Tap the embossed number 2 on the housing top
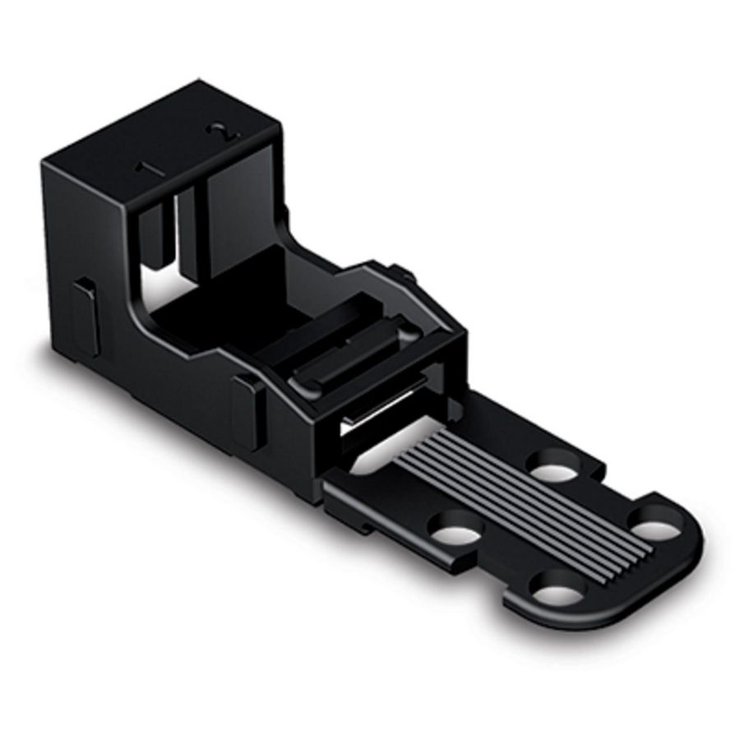(x=221, y=132)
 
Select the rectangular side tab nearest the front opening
(x=247, y=409)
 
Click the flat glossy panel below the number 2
(x=238, y=222)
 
